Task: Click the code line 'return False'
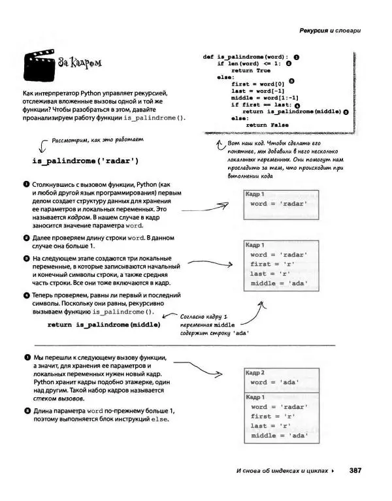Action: coord(267,125)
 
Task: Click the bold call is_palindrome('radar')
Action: coord(85,160)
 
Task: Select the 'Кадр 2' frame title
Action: coord(255,372)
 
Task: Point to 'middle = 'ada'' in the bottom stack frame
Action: coord(279,436)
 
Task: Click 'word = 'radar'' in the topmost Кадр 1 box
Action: coord(279,204)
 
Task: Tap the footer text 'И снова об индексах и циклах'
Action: coord(282,471)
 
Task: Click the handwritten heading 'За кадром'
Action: coord(80,63)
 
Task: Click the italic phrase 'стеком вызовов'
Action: coord(58,398)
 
